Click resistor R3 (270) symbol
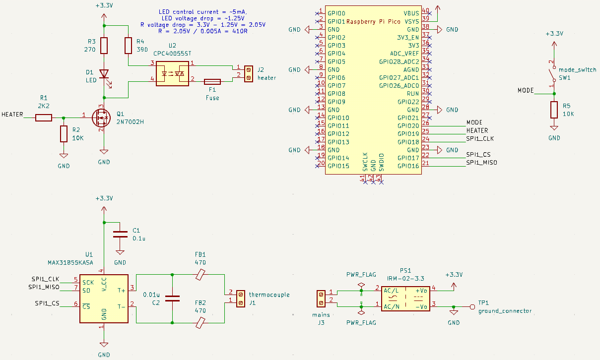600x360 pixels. pos(104,46)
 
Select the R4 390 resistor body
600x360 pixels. pos(128,46)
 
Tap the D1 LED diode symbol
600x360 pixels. pos(104,74)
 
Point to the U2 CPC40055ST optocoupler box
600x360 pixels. pos(173,73)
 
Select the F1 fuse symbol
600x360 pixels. pos(212,81)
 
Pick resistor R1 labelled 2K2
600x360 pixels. pos(44,118)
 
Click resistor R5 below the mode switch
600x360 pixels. pos(554,110)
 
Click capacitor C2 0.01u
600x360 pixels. pos(172,299)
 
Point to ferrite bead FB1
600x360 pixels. pos(200,274)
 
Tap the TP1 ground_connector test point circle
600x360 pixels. pos(472,307)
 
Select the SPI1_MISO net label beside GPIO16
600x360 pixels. pos(481,163)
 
